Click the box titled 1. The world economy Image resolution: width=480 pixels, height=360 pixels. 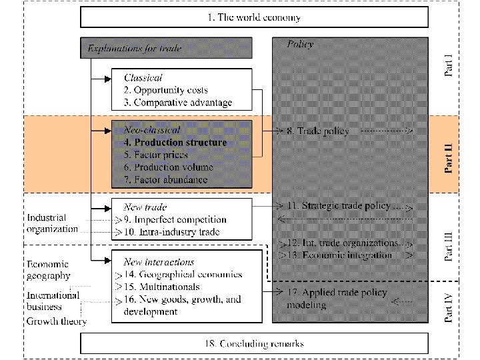[254, 18]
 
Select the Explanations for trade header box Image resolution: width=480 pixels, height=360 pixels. [167, 48]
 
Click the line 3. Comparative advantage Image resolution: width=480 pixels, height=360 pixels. [178, 103]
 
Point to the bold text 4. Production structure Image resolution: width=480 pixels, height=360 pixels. [175, 142]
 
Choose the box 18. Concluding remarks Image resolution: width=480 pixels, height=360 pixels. [254, 343]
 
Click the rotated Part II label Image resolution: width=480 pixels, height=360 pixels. [451, 154]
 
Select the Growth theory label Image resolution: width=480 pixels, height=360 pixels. [57, 321]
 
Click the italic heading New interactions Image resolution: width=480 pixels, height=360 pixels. [159, 262]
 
